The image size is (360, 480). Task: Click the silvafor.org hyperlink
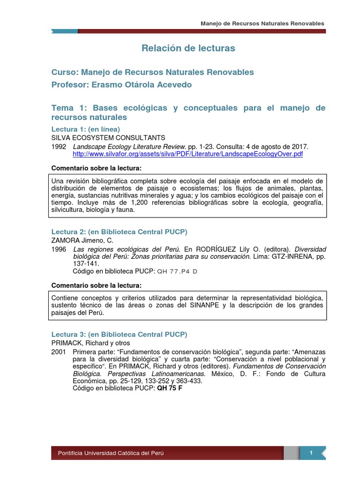coord(188,154)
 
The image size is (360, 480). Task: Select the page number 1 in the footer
coord(311,452)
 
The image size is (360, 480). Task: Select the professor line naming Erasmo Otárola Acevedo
coord(121,84)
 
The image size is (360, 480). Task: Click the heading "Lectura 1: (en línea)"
coord(85,129)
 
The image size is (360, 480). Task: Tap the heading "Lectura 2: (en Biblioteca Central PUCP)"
coord(119,232)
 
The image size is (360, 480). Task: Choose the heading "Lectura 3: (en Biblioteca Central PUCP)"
coord(119,334)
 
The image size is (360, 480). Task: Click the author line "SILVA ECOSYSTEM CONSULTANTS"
coord(108,137)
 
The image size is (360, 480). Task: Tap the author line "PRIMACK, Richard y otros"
coord(90,343)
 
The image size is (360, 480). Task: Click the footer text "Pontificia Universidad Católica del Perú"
coord(111,453)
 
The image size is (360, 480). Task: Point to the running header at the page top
coord(262,23)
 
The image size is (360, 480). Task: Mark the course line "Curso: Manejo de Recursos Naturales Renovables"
coord(152,72)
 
